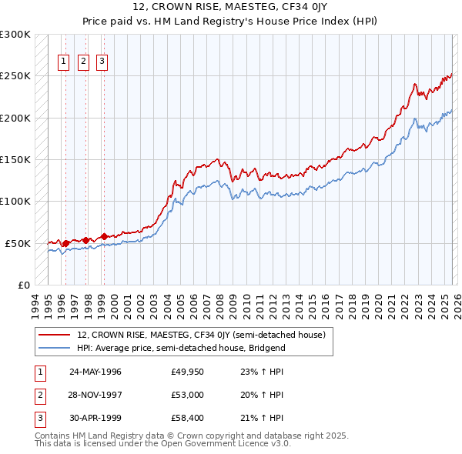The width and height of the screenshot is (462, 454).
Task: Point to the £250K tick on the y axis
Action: point(15,76)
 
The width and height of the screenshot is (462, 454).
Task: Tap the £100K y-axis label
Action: point(15,202)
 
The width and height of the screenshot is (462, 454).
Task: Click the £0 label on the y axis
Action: point(24,285)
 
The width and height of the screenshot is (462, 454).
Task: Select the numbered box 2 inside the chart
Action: point(83,63)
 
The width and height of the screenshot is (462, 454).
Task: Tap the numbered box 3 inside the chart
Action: point(102,63)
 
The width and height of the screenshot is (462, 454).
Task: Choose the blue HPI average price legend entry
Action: point(181,348)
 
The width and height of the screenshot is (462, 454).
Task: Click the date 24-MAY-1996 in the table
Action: point(95,372)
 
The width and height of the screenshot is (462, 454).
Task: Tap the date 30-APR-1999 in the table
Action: point(95,418)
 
